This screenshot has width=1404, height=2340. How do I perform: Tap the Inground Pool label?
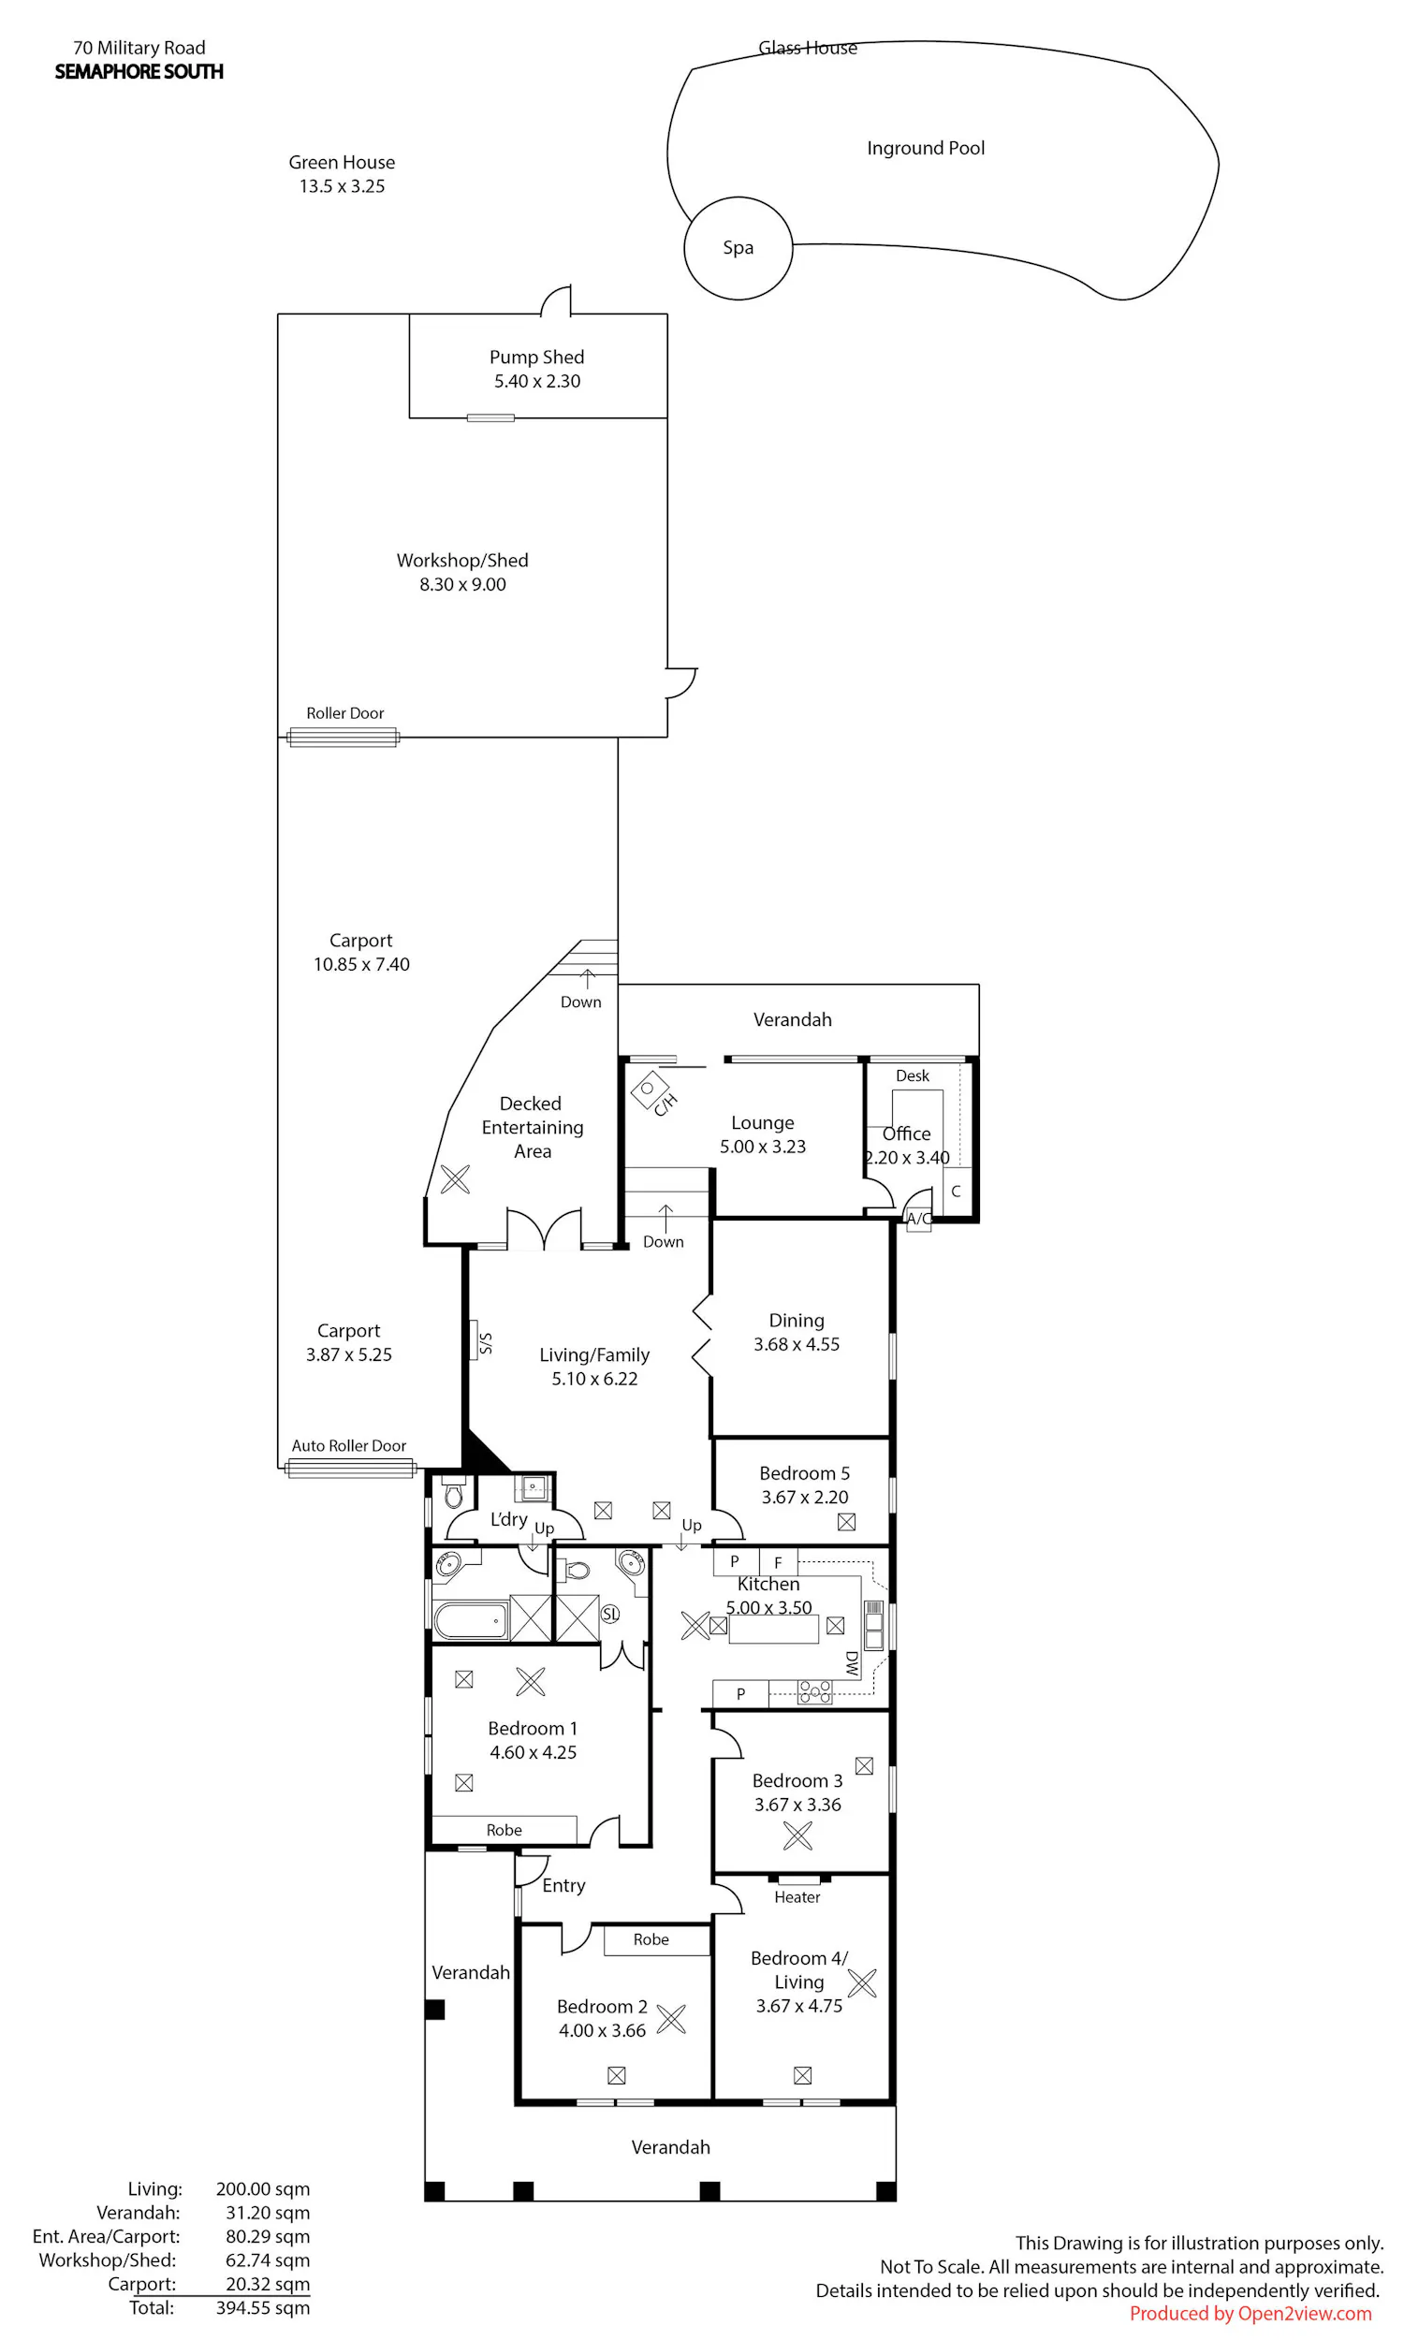tap(926, 149)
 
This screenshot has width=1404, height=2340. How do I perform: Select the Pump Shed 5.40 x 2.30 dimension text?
tap(536, 381)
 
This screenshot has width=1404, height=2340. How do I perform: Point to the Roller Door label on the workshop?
tap(344, 713)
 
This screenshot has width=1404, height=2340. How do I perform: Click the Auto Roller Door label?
tap(348, 1445)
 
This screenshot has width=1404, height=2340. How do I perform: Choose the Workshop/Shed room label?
tap(461, 561)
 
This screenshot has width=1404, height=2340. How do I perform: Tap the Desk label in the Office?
tap(912, 1075)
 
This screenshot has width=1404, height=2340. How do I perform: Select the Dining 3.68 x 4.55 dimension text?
tap(796, 1344)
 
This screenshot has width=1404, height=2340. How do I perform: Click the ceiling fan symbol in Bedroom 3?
tap(797, 1835)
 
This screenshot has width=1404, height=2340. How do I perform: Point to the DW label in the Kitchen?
tap(852, 1663)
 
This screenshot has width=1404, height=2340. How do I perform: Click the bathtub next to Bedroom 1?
tap(470, 1619)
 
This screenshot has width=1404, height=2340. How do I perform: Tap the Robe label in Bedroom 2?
tap(651, 1939)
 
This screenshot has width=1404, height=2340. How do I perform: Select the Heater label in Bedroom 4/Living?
tap(797, 1896)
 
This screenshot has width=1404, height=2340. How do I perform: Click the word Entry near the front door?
tap(563, 1885)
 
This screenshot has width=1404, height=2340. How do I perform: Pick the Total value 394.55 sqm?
tap(263, 2307)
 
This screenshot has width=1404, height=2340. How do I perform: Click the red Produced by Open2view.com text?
tap(1250, 2313)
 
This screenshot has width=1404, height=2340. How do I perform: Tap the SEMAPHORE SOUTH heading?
tap(139, 72)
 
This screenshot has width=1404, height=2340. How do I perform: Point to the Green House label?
tap(342, 163)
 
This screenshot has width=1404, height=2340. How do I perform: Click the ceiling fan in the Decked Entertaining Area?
tap(455, 1178)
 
